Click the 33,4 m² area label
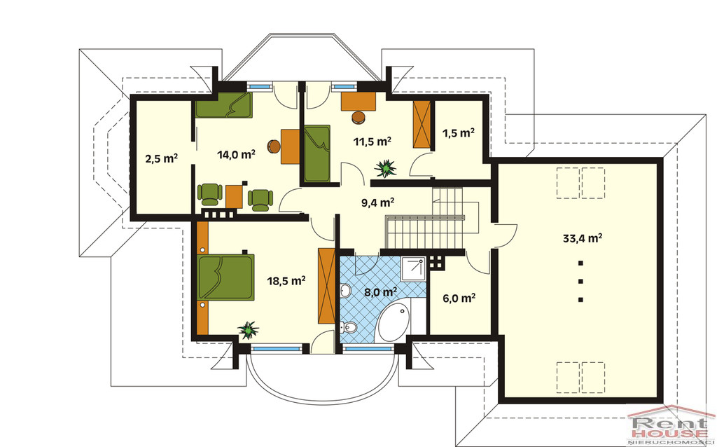point(582,238)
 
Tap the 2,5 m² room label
point(162,158)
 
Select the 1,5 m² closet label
point(458,132)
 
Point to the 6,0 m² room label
point(459,298)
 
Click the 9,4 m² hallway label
point(377,202)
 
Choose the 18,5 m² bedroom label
point(286,280)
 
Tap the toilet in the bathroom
point(349,326)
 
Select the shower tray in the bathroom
point(413,268)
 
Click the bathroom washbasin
point(346,290)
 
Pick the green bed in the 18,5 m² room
point(226,277)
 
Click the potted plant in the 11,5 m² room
point(386,168)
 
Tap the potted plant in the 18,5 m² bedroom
point(249,330)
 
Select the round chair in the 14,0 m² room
point(274,146)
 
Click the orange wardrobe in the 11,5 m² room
point(422,124)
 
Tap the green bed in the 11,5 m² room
point(317,153)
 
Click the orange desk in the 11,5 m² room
point(358,101)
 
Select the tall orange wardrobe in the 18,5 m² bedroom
point(326,286)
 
